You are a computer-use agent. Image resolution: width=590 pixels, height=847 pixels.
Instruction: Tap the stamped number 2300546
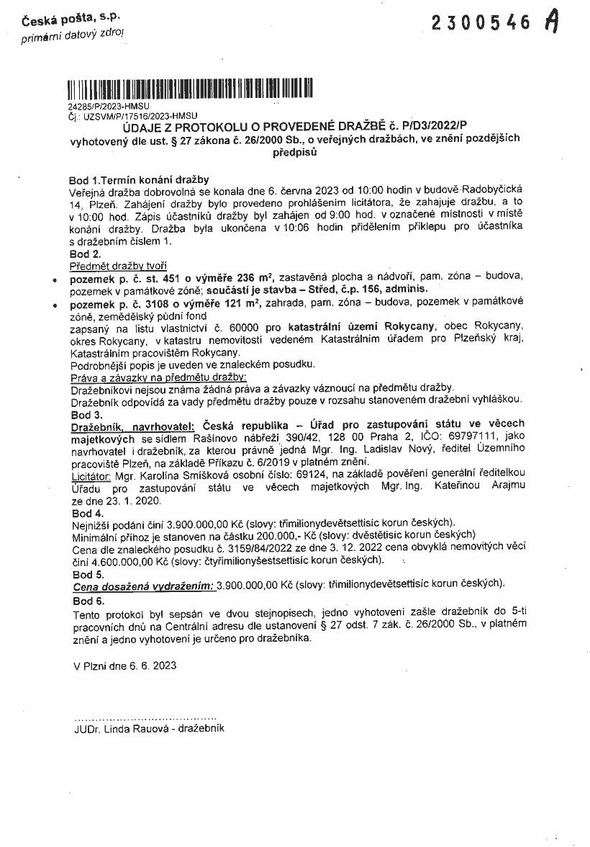[x=481, y=23]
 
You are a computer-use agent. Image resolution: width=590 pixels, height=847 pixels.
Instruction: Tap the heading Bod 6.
[x=88, y=599]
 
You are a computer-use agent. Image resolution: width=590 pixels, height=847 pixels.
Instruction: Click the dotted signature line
[x=145, y=717]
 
